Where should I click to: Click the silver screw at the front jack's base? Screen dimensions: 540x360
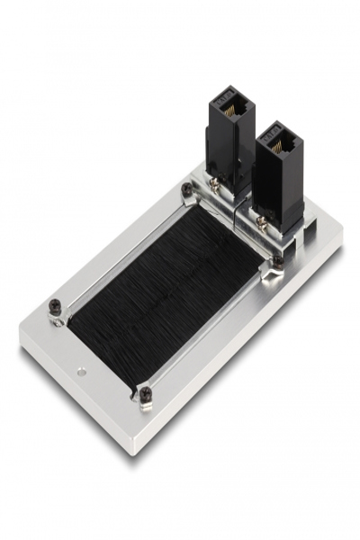coord(261,220)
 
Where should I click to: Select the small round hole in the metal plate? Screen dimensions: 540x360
coord(83,369)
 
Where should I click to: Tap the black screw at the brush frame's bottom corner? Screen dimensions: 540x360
coord(145,394)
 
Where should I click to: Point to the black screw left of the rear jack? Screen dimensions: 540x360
coord(186,189)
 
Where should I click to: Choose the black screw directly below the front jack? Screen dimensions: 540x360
coord(277,262)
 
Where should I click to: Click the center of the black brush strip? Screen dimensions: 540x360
coord(166,288)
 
